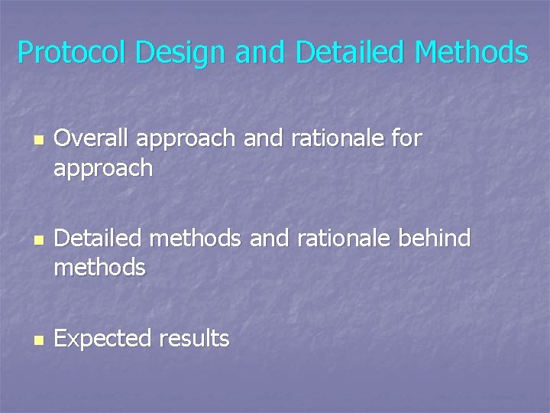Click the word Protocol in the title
pos(73,53)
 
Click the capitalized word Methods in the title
pos(471,53)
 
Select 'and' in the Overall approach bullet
pos(264,138)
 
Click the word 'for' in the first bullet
pos(406,138)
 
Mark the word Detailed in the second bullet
pos(99,239)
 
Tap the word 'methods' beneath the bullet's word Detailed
pos(99,268)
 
